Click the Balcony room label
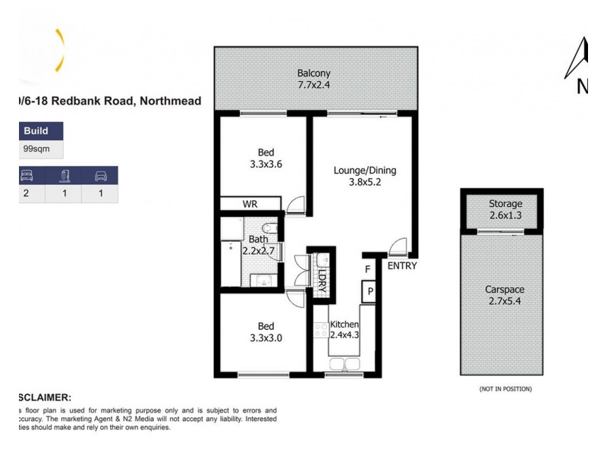coord(313,74)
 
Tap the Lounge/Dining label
coord(365,171)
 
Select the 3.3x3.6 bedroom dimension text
coord(266,162)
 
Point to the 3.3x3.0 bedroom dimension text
coord(266,338)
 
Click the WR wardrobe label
coord(250,205)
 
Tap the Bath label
coord(258,240)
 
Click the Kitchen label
coord(344,325)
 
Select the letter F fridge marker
coord(368,269)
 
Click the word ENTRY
coord(402,266)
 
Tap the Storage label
coord(505,203)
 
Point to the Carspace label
coord(505,290)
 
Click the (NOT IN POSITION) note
coord(505,389)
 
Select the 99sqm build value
coord(37,149)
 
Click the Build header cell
coord(36,131)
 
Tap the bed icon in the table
coord(26,176)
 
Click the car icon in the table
coord(99,176)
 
